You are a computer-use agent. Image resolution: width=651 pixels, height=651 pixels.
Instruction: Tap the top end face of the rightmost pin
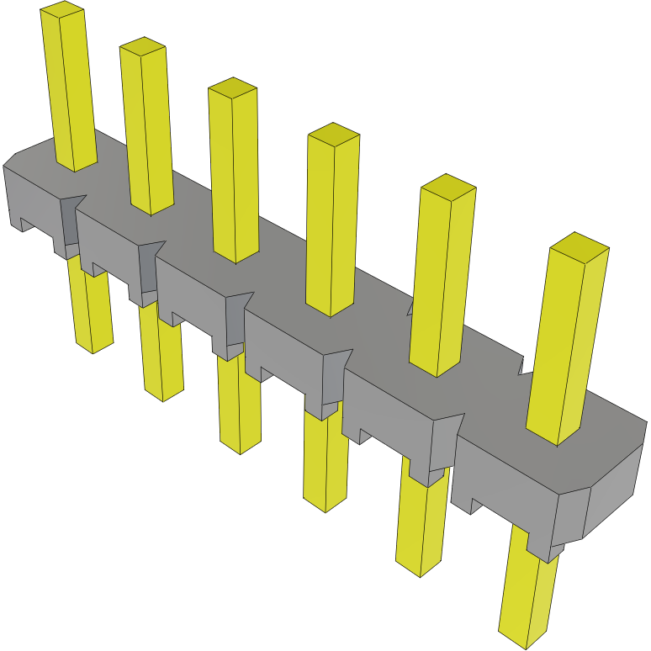pyautogui.click(x=579, y=246)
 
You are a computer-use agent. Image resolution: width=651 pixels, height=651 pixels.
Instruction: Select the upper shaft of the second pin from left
pyautogui.click(x=147, y=126)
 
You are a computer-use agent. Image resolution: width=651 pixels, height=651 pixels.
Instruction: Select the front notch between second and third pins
pyautogui.click(x=149, y=269)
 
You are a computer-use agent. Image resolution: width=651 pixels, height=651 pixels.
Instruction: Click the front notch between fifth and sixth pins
pyautogui.click(x=444, y=442)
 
